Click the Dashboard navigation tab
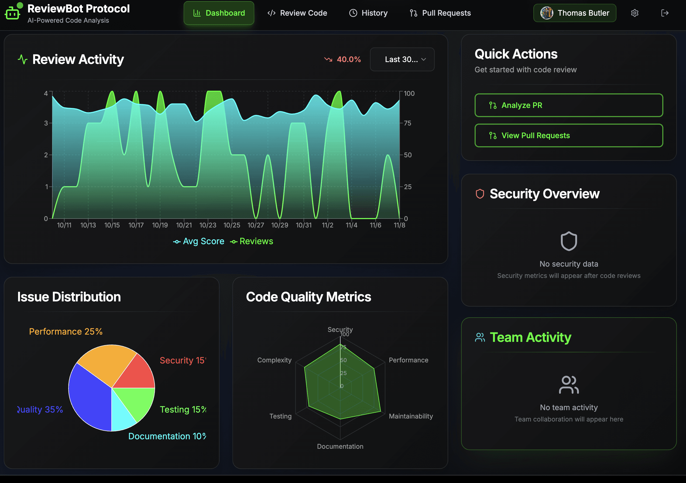point(219,13)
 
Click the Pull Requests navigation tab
point(440,13)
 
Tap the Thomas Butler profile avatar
point(547,13)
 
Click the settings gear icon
point(634,13)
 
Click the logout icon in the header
point(664,13)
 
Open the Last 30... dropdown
point(402,59)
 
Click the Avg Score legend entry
point(199,241)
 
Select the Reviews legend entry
point(252,241)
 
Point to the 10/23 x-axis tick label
point(208,225)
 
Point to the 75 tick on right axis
point(407,123)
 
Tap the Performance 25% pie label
point(66,331)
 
